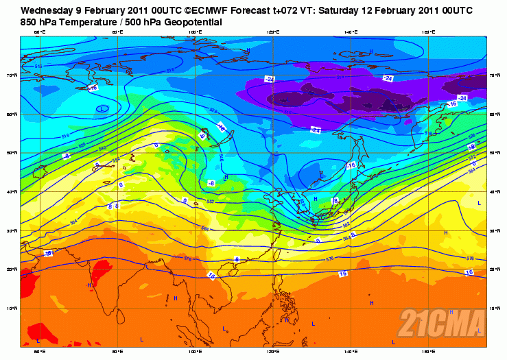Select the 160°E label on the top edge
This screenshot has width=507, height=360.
[427, 32]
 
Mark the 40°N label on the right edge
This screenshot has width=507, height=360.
[495, 191]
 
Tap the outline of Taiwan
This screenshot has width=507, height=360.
[277, 254]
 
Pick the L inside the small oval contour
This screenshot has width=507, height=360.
[102, 108]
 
